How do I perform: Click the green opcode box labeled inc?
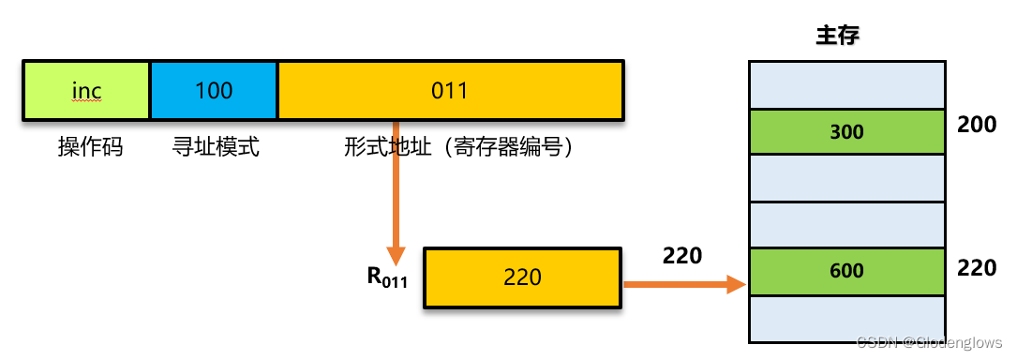pos(86,90)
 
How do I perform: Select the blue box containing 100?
pos(214,90)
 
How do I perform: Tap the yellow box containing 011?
pos(450,90)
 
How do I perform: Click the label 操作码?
pos(90,147)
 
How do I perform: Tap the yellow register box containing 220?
pos(522,277)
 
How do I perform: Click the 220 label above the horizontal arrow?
pos(681,255)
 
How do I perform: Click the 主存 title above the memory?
pos(838,37)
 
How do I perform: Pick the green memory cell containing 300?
pos(846,132)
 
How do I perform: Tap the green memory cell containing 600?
pos(846,271)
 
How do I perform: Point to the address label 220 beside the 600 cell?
pos(976,268)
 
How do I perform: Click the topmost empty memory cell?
pos(846,85)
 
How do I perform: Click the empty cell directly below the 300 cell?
pos(846,177)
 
